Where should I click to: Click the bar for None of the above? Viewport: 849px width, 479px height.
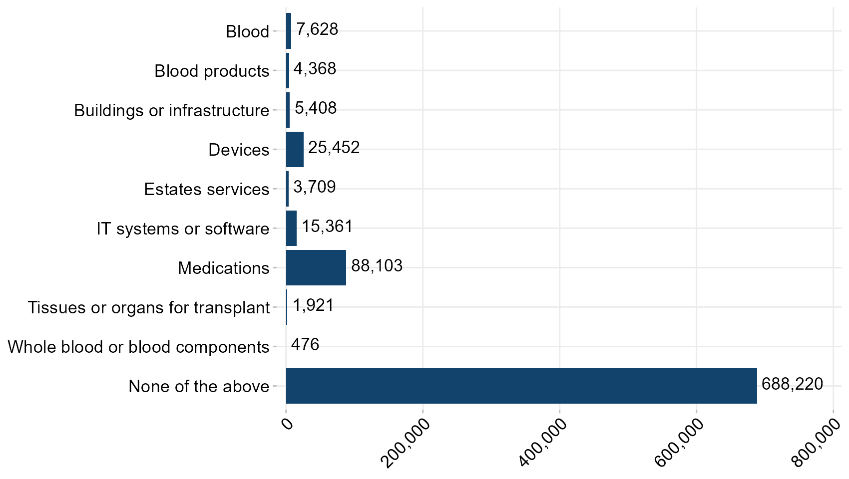pos(521,386)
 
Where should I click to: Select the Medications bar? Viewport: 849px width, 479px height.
pos(316,268)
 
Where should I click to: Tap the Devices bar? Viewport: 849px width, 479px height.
pos(295,150)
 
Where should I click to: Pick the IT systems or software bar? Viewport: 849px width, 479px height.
pos(291,229)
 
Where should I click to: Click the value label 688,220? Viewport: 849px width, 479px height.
pos(792,384)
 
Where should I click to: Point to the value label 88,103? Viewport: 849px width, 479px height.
pos(377,266)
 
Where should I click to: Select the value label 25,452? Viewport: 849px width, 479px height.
pos(334,148)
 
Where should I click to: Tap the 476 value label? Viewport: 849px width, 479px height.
pos(305,345)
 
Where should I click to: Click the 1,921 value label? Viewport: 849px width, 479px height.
pos(313,305)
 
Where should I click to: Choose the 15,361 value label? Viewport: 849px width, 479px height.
pos(327,227)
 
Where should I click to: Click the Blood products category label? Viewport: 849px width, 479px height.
pos(212,71)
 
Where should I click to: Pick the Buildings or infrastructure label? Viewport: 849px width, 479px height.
pos(171,111)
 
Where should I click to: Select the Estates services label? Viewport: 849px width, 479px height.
pos(206,190)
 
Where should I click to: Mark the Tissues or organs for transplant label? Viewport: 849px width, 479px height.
pos(148,308)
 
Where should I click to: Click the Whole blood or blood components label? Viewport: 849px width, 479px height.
pos(138,347)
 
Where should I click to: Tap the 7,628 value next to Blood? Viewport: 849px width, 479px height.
pos(317,29)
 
